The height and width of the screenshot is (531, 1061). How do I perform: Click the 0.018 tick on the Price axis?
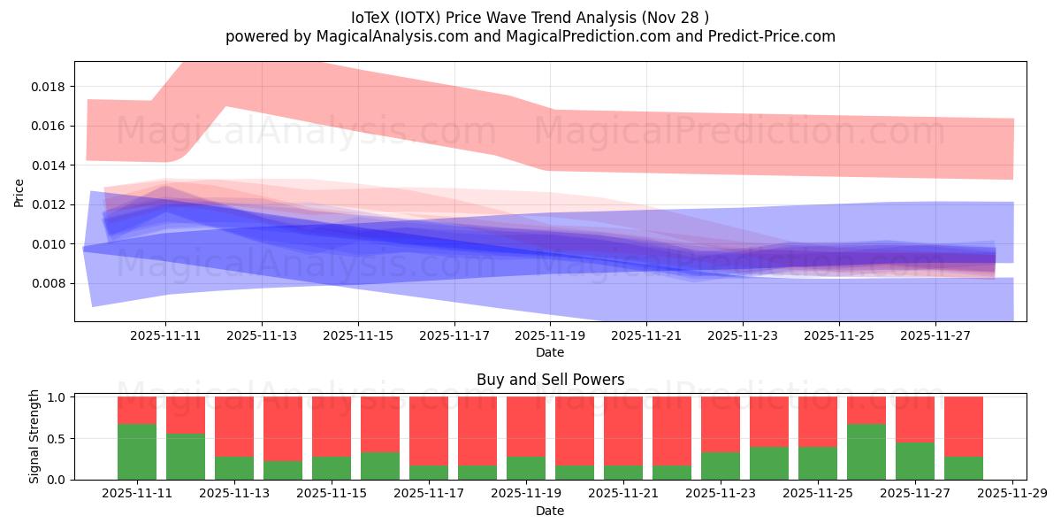tap(50, 87)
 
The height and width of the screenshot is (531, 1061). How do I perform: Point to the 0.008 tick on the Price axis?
tap(50, 283)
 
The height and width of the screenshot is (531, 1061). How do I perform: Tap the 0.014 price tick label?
tap(50, 165)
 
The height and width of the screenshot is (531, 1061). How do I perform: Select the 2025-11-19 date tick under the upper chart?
tap(550, 336)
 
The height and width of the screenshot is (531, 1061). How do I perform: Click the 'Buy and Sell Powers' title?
tap(550, 380)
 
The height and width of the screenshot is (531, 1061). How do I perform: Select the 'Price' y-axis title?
tap(19, 191)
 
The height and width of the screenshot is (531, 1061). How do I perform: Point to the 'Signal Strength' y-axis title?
tap(35, 436)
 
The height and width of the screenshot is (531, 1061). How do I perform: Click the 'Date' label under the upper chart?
tap(550, 352)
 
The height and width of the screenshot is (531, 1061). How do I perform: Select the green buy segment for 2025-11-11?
tap(137, 452)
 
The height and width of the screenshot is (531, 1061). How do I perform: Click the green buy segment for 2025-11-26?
tap(866, 452)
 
